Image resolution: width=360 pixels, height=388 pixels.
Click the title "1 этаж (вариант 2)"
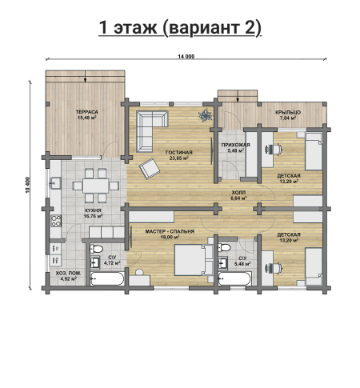click(180, 28)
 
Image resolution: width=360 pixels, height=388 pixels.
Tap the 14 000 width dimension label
click(186, 56)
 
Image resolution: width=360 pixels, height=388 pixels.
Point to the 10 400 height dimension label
click(28, 185)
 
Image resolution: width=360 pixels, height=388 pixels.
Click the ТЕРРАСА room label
click(87, 112)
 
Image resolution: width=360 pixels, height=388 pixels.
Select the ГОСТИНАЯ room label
click(179, 153)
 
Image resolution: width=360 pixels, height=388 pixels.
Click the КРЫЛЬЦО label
click(288, 113)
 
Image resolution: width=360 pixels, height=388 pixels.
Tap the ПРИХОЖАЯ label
click(235, 145)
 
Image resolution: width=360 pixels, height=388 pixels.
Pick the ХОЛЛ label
click(238, 193)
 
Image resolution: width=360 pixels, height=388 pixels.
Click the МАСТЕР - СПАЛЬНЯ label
click(170, 231)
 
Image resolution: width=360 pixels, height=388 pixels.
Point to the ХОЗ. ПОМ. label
click(68, 274)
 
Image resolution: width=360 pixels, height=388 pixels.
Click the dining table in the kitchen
click(96, 186)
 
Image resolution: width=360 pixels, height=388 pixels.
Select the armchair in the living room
click(150, 169)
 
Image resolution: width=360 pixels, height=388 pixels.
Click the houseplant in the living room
click(205, 115)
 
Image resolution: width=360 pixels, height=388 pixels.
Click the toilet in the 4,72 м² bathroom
click(97, 249)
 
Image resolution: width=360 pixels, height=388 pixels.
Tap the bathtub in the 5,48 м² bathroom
click(234, 278)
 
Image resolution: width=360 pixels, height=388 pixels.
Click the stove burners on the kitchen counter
click(56, 221)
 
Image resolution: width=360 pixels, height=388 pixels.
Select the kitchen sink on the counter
click(56, 183)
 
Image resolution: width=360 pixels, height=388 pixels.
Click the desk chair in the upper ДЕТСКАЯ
click(274, 150)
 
